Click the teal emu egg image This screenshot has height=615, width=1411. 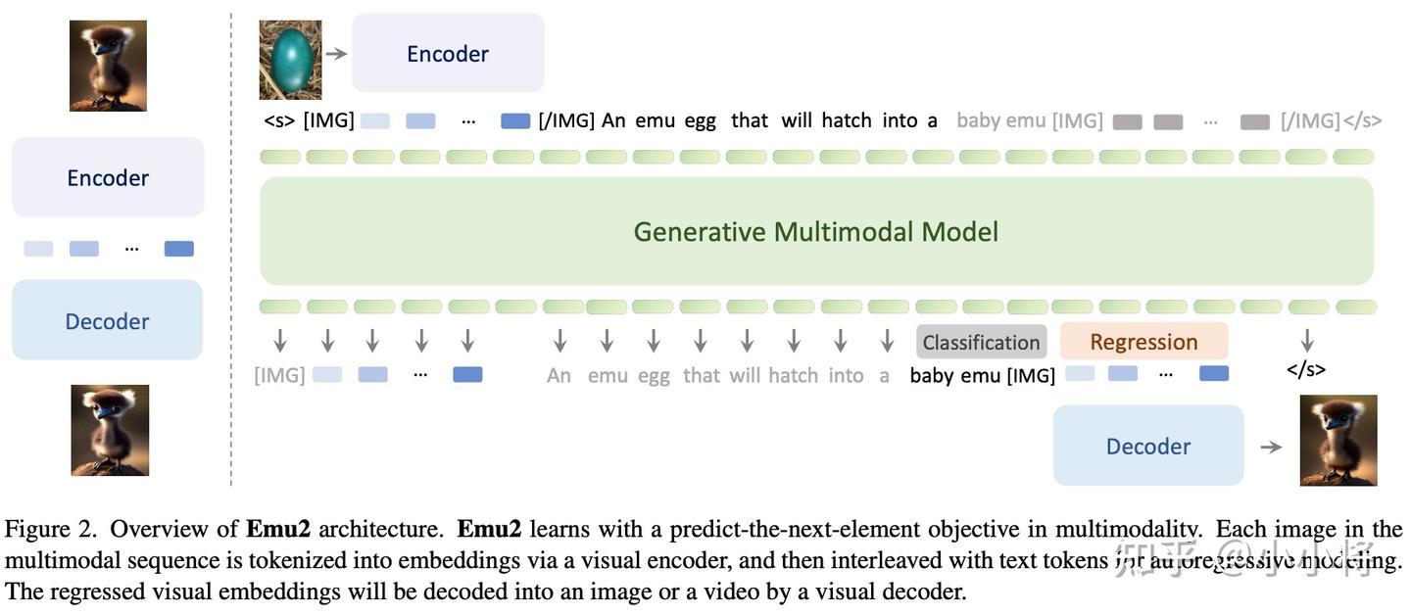point(290,61)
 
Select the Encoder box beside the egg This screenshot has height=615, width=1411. point(448,54)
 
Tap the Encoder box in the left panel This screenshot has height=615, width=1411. point(108,177)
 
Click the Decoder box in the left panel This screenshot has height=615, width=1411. point(107,321)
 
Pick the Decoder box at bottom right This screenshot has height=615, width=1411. point(1147,446)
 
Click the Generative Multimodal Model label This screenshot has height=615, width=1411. point(815,232)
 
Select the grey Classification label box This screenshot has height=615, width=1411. point(981,342)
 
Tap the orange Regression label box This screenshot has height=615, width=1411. point(1143,342)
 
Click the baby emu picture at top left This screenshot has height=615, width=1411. point(108,66)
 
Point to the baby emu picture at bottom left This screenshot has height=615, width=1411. point(110,430)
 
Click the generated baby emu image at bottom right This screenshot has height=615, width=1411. point(1338,440)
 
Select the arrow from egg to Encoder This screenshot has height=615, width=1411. point(336,53)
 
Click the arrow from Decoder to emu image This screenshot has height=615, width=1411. point(1271,447)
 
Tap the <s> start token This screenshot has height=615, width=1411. point(279,120)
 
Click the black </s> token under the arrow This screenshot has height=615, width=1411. point(1306,369)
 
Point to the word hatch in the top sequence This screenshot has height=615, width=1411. point(847,120)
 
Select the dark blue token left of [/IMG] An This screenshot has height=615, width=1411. point(515,121)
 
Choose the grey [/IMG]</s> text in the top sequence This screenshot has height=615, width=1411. point(1331,120)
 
